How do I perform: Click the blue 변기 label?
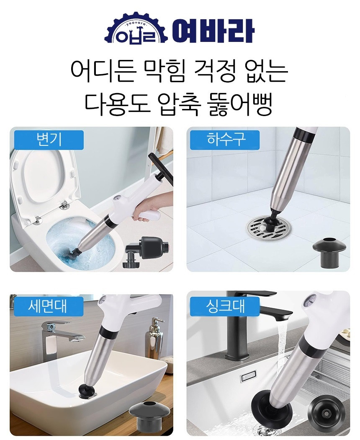49,140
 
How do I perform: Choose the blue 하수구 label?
225,140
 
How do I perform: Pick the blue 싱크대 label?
225,306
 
